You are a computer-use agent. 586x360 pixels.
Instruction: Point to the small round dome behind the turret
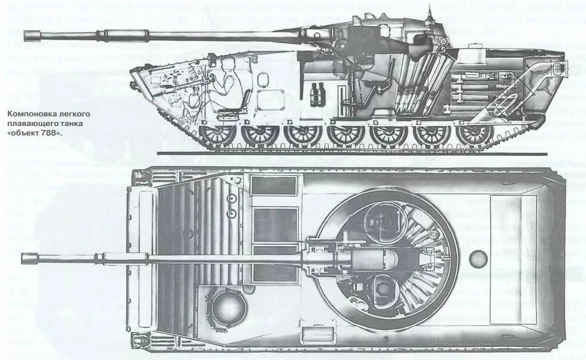tap(478, 258)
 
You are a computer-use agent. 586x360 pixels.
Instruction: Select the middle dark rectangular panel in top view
tap(275, 225)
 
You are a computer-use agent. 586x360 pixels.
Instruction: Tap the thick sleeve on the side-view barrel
tap(124, 34)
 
